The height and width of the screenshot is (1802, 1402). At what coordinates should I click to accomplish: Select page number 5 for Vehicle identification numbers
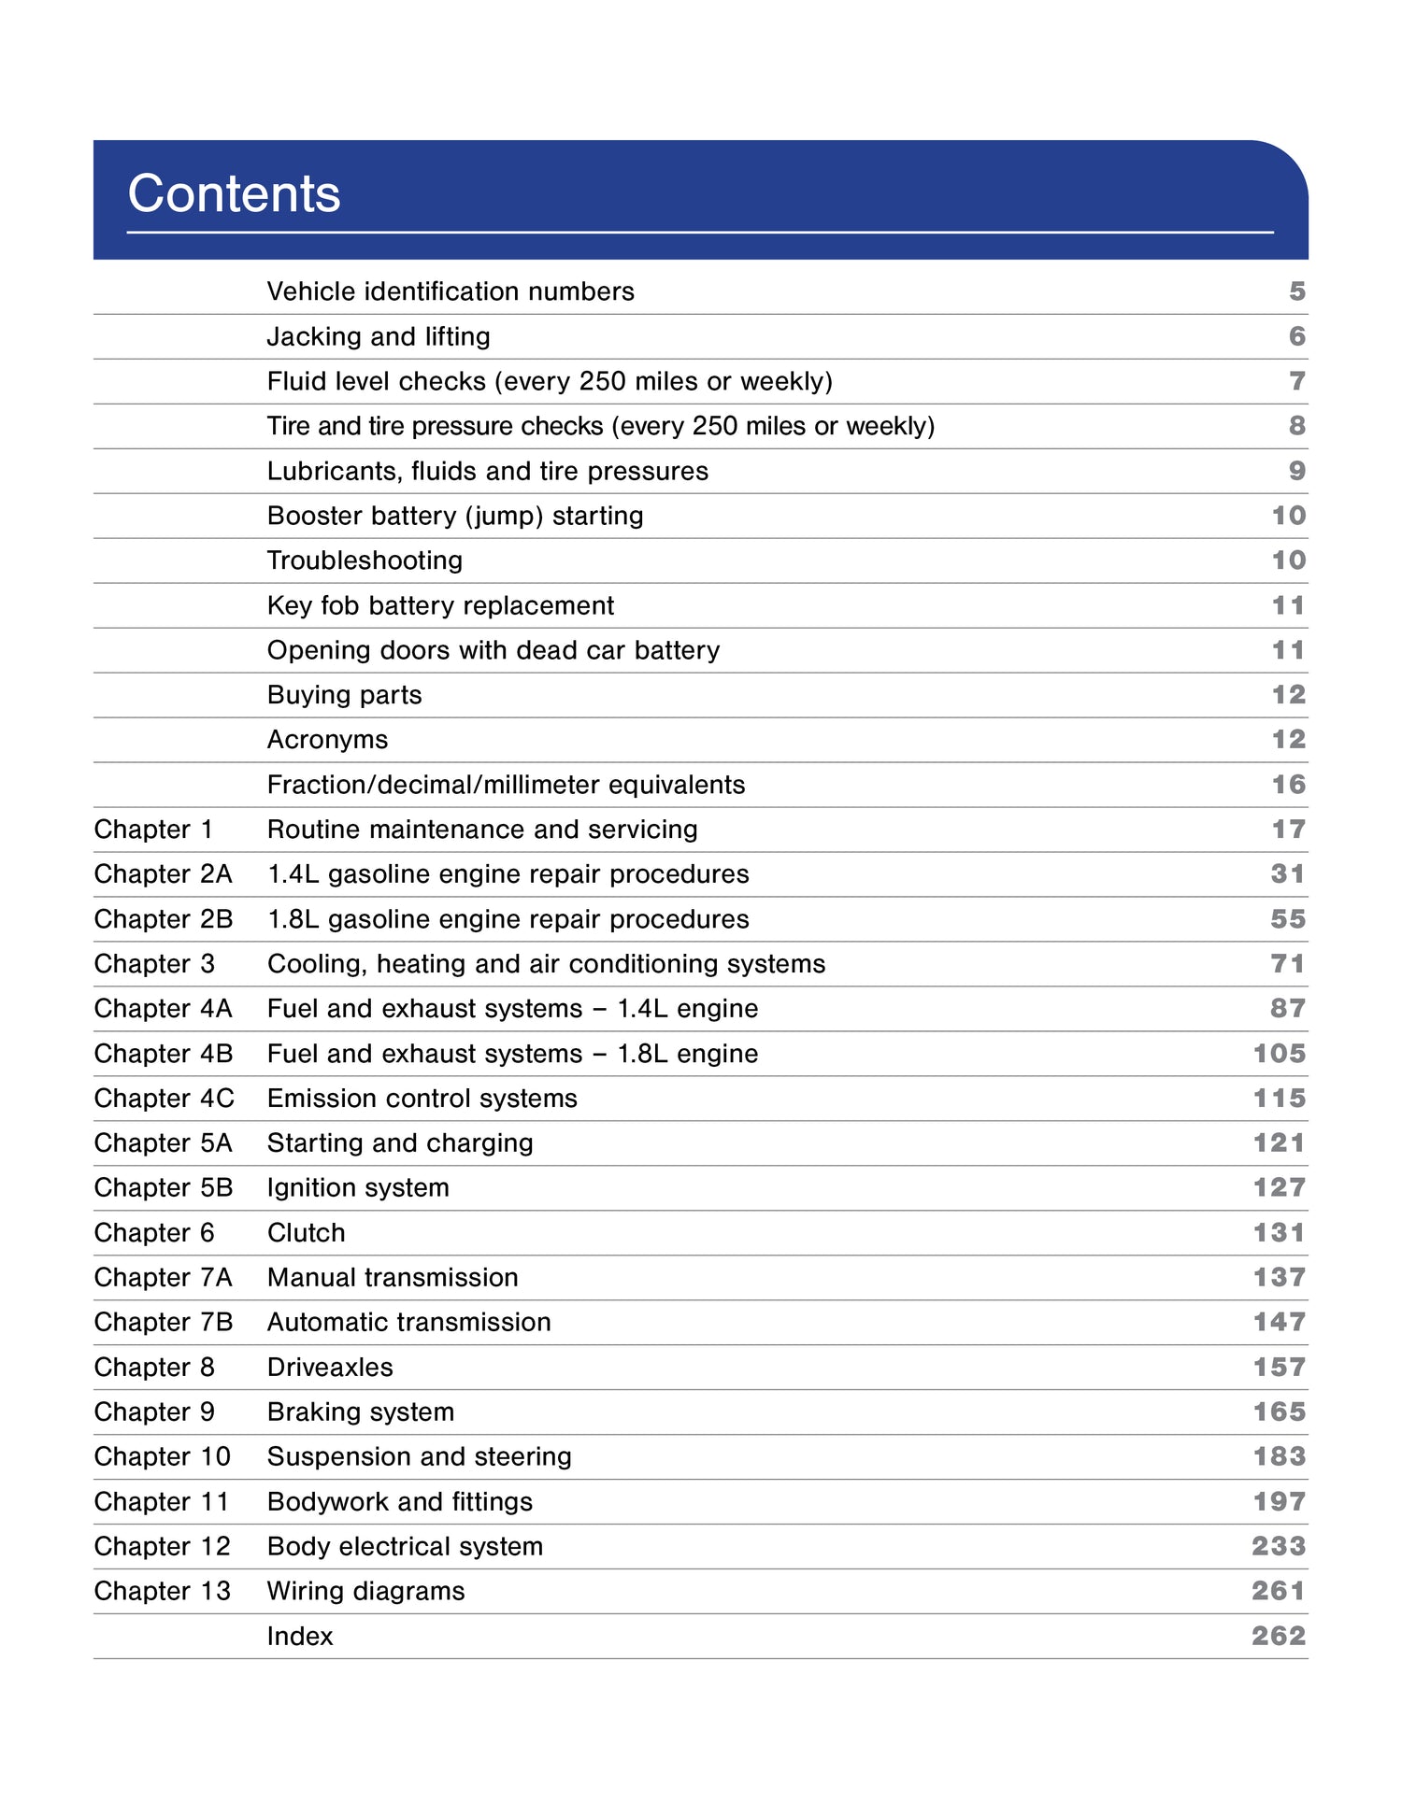pyautogui.click(x=1296, y=291)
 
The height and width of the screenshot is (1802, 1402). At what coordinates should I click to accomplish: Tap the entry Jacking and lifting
pyautogui.click(x=379, y=336)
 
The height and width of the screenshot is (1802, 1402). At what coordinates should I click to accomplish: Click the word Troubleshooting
pyautogui.click(x=365, y=560)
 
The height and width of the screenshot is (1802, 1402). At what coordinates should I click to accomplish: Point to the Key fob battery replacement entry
pyautogui.click(x=440, y=605)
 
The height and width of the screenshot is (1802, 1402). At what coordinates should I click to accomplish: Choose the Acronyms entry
pyautogui.click(x=327, y=740)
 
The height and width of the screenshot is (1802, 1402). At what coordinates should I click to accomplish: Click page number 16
pyautogui.click(x=1288, y=785)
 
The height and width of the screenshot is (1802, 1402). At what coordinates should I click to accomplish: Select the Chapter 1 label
pyautogui.click(x=153, y=830)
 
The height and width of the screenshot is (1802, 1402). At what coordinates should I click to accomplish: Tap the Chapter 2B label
pyautogui.click(x=164, y=919)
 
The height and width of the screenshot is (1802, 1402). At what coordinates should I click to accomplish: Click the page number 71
pyautogui.click(x=1288, y=964)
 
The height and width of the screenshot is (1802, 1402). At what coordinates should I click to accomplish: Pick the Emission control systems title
pyautogui.click(x=422, y=1099)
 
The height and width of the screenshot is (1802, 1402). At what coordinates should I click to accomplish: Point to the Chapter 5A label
pyautogui.click(x=164, y=1143)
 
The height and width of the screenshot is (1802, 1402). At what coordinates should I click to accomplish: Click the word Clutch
pyautogui.click(x=306, y=1233)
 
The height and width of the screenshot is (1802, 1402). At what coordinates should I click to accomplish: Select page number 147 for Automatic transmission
pyautogui.click(x=1279, y=1323)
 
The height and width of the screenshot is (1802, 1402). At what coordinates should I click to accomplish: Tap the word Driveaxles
pyautogui.click(x=330, y=1368)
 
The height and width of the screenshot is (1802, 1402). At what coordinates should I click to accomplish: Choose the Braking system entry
pyautogui.click(x=361, y=1412)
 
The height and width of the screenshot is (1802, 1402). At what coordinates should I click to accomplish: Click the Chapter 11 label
pyautogui.click(x=162, y=1502)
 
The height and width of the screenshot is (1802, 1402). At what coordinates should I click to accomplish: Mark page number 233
pyautogui.click(x=1279, y=1547)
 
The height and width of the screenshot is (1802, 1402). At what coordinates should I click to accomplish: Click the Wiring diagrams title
pyautogui.click(x=365, y=1592)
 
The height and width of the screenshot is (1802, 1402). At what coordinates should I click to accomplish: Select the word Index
pyautogui.click(x=299, y=1637)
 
